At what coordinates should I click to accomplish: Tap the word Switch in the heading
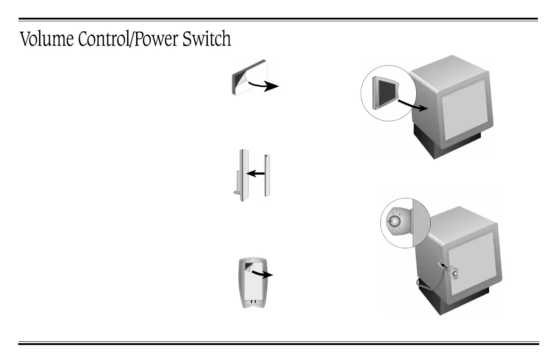point(207,39)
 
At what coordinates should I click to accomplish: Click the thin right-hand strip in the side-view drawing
point(267,175)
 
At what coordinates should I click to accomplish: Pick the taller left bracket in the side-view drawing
point(243,174)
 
